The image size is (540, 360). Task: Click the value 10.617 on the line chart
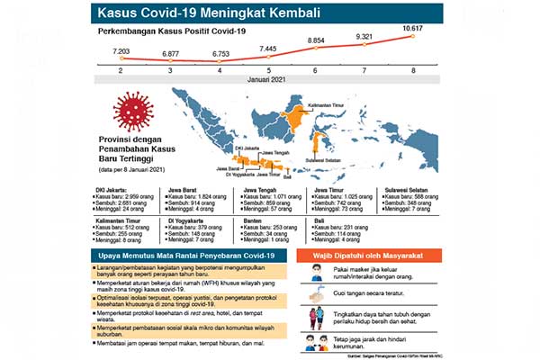pyautogui.click(x=413, y=30)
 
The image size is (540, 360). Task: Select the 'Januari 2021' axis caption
pyautogui.click(x=267, y=81)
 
